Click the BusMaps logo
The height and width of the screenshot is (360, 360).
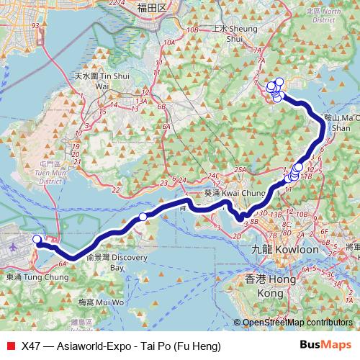point(325,346)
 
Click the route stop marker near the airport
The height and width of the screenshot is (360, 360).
point(37,239)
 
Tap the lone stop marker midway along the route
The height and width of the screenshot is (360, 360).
point(143,217)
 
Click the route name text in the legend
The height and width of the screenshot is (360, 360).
point(121,346)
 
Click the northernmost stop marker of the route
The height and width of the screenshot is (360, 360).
point(279,81)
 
